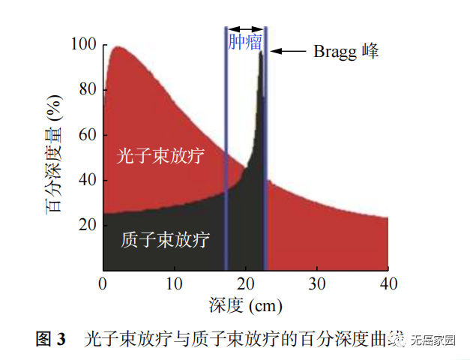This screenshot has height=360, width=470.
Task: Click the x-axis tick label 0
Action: pyautogui.click(x=103, y=283)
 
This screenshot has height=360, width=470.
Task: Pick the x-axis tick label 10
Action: pyautogui.click(x=175, y=283)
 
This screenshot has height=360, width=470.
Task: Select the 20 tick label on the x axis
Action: pyautogui.click(x=246, y=283)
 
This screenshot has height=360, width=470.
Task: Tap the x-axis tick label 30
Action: pyautogui.click(x=318, y=283)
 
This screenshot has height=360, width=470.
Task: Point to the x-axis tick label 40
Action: pyautogui.click(x=388, y=283)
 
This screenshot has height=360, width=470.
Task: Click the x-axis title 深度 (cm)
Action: pyautogui.click(x=246, y=305)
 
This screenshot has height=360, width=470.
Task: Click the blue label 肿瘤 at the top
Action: pyautogui.click(x=246, y=42)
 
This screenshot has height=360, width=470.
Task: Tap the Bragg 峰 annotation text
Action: pyautogui.click(x=347, y=51)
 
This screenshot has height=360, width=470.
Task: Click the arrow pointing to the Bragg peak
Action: pyautogui.click(x=289, y=51)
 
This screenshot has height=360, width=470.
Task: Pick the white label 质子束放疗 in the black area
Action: pyautogui.click(x=165, y=240)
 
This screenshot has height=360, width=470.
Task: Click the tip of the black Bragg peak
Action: pyautogui.click(x=261, y=53)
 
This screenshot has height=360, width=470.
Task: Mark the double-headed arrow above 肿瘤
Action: pyautogui.click(x=246, y=29)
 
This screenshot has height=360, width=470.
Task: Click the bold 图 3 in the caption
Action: pyautogui.click(x=52, y=339)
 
